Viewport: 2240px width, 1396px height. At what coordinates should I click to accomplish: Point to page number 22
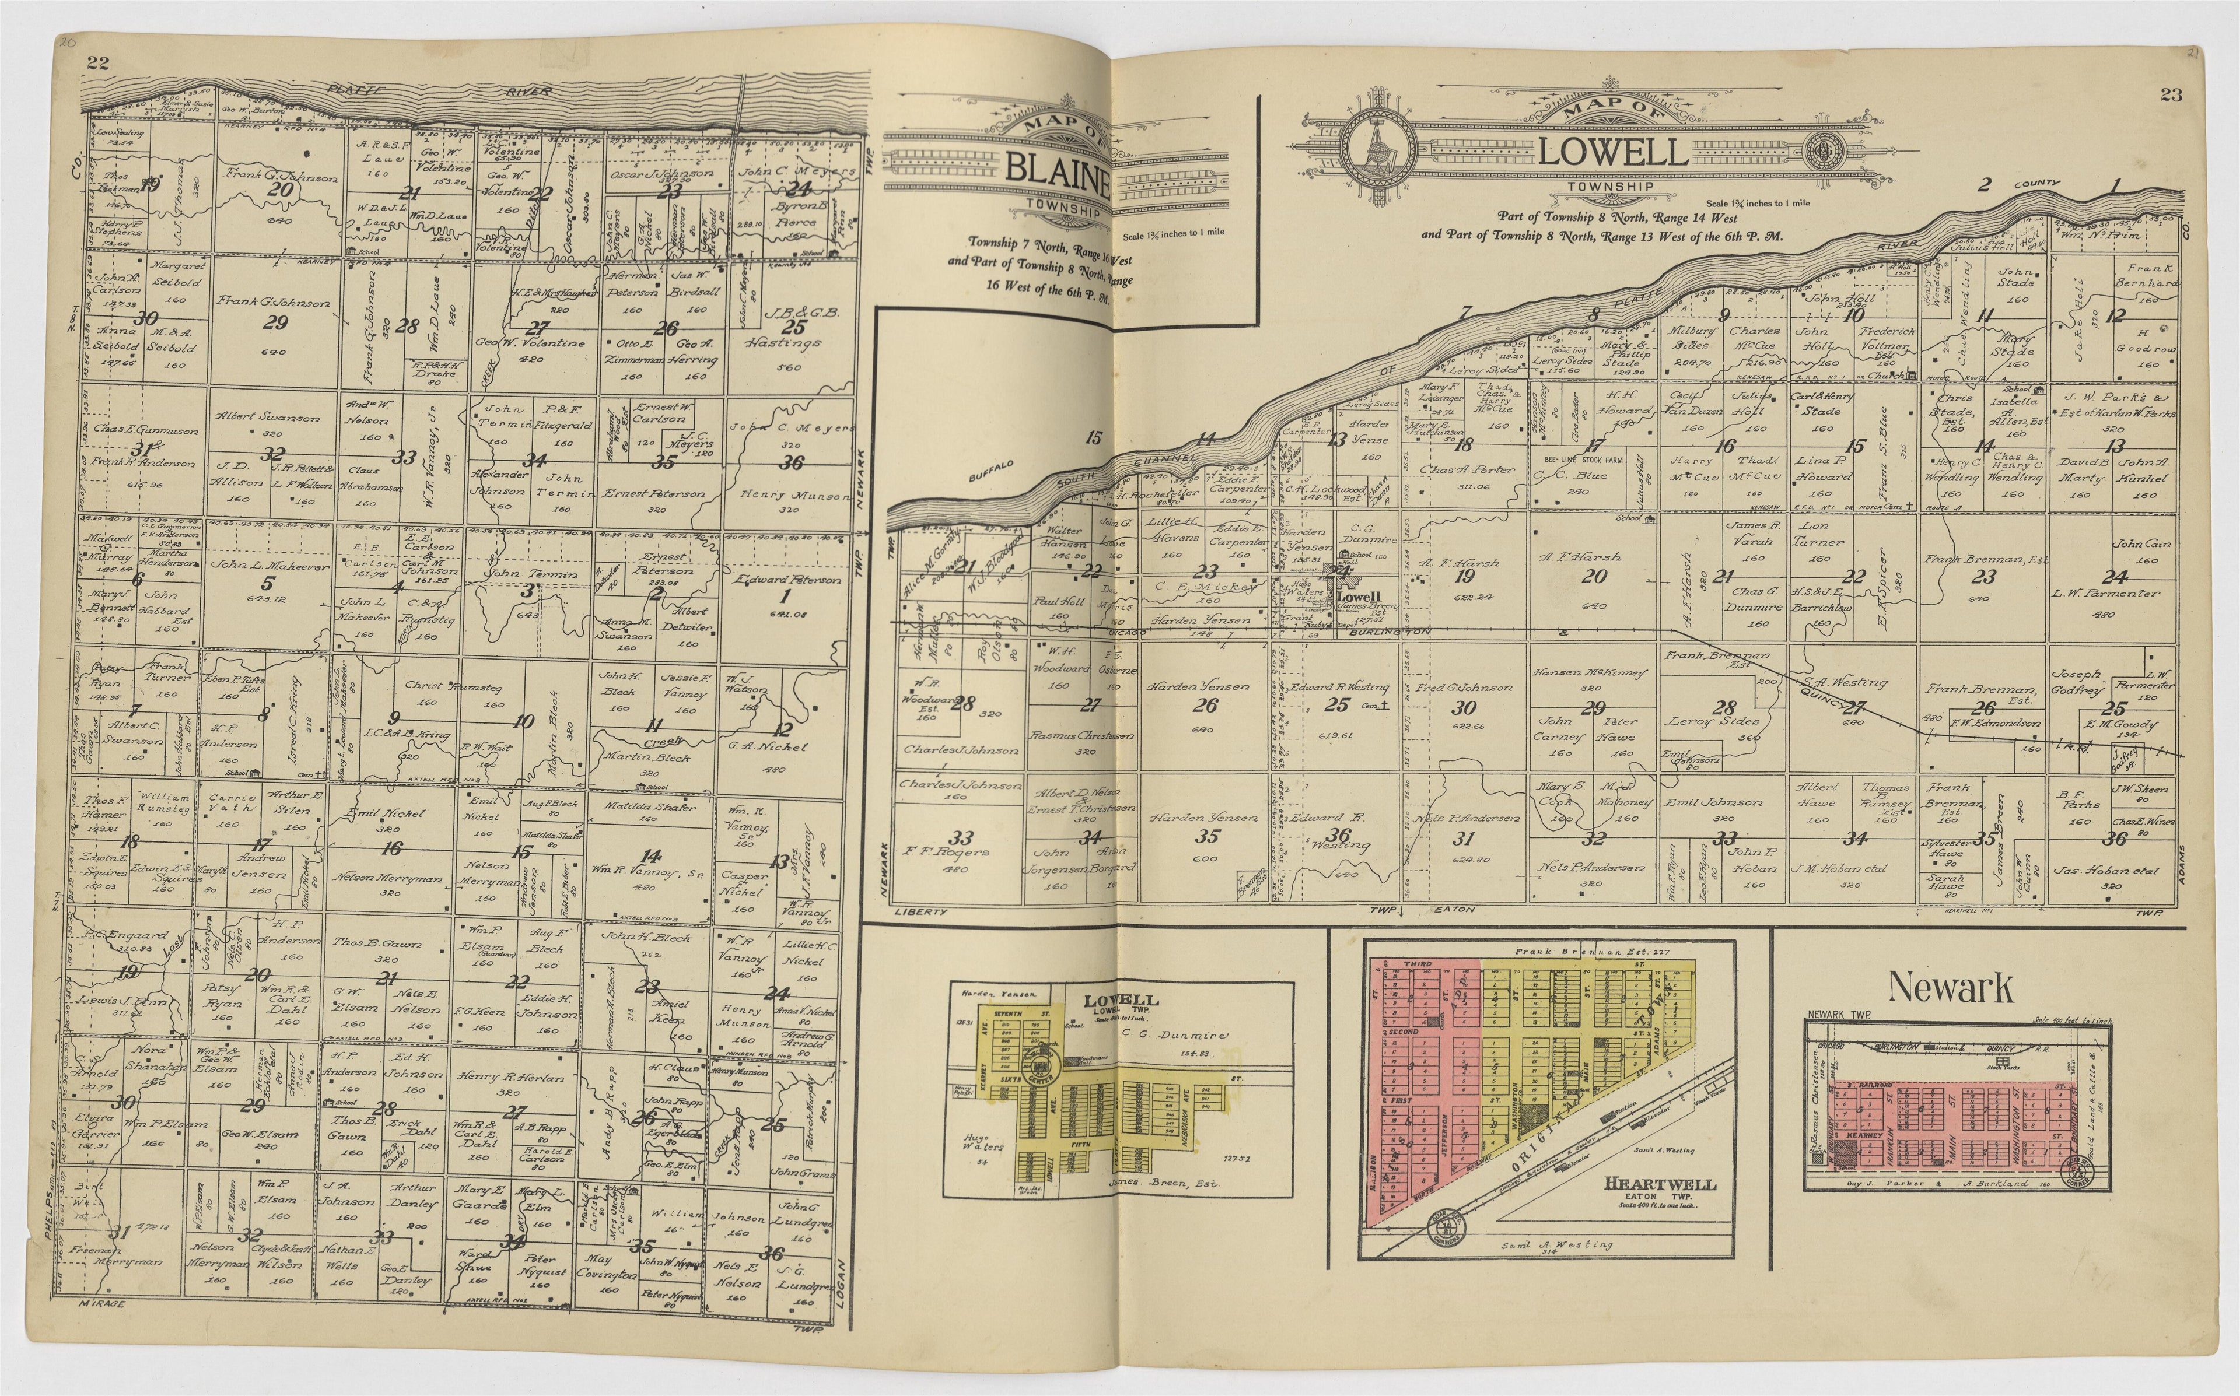point(98,63)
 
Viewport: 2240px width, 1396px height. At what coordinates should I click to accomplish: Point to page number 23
point(2170,94)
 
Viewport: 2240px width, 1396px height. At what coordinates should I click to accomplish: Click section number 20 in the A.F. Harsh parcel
point(1594,576)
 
